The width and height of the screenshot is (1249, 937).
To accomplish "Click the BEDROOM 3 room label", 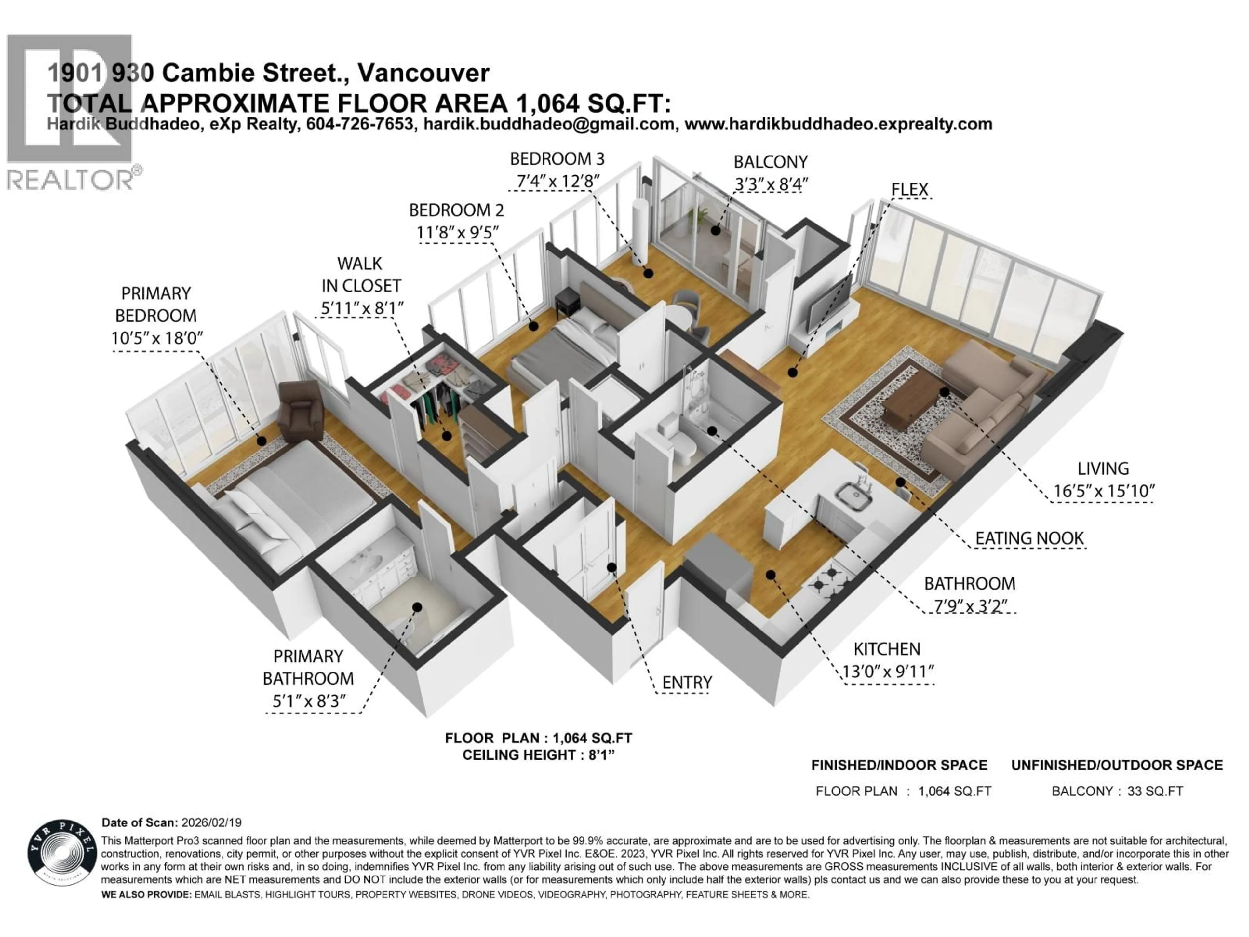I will (x=557, y=159).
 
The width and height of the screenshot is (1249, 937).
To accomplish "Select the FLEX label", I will (x=909, y=190).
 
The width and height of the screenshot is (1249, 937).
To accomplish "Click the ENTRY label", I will (x=687, y=683).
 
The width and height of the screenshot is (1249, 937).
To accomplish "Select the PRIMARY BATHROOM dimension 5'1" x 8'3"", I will (x=308, y=701).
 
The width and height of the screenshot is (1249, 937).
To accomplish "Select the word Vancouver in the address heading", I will (x=423, y=73).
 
